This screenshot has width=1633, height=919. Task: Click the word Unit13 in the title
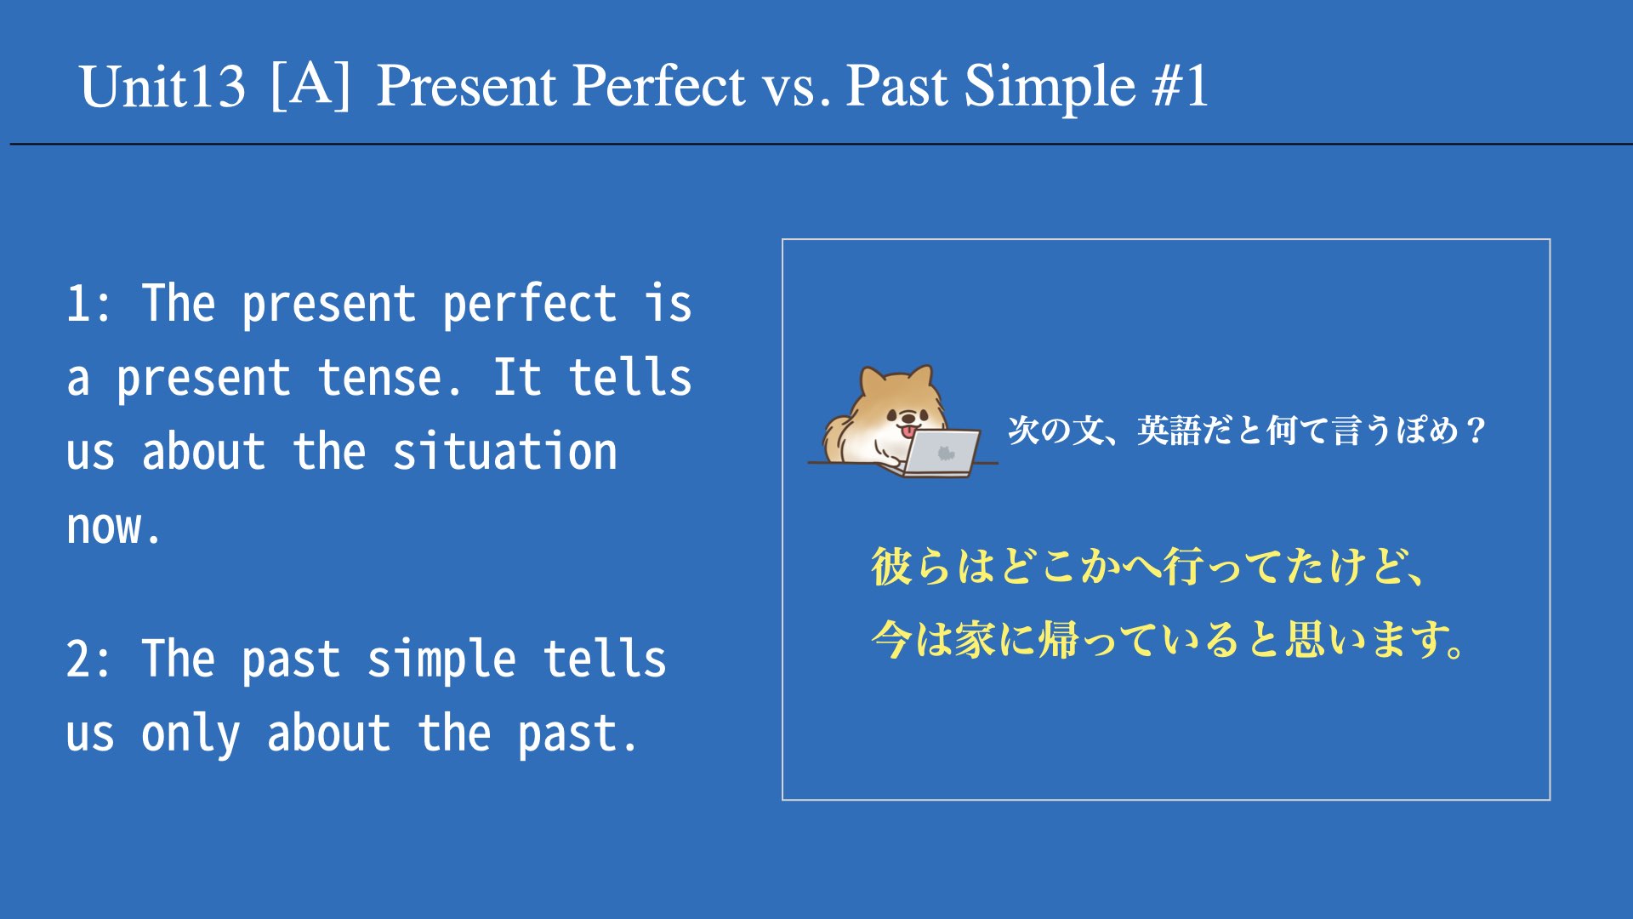tap(162, 87)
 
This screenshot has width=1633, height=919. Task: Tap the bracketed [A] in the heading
tap(310, 85)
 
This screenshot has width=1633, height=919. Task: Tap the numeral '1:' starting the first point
tap(88, 304)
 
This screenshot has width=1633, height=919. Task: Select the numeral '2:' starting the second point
tap(88, 659)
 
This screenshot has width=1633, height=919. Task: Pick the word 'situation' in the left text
tap(505, 452)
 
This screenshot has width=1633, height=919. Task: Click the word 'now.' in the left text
tap(114, 528)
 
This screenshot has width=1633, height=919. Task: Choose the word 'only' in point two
tap(191, 734)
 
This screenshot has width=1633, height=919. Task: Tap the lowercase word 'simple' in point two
tap(441, 661)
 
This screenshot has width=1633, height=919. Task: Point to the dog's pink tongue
tap(909, 431)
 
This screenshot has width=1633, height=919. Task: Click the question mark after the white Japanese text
tap(1476, 431)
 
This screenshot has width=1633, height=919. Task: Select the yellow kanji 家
tap(975, 640)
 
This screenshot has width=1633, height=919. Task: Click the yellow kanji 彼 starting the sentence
tap(892, 566)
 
